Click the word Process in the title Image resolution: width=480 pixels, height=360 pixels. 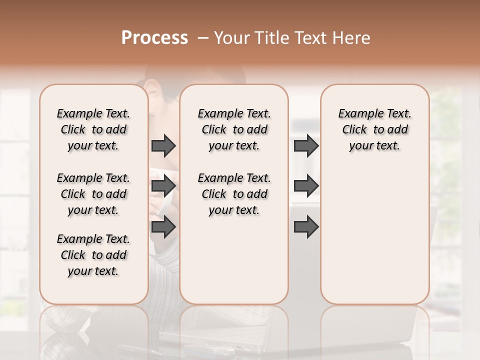[154, 38]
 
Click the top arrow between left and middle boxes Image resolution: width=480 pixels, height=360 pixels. [163, 145]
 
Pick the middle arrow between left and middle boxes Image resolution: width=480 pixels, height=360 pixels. [163, 186]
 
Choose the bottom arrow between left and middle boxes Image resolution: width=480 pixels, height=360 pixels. [163, 227]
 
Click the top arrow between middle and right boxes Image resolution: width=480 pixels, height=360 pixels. [306, 145]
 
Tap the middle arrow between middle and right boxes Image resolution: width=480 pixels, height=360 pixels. [306, 186]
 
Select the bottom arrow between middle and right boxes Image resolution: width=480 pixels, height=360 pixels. [306, 227]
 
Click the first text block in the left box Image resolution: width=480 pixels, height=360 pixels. [93, 129]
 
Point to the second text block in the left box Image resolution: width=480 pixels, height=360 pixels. [93, 194]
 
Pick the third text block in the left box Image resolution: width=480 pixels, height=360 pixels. [93, 255]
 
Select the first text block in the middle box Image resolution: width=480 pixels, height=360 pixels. [234, 129]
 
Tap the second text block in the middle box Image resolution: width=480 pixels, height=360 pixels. [234, 194]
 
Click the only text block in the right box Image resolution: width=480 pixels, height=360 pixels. [375, 129]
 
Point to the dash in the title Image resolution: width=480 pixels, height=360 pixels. [202, 38]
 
